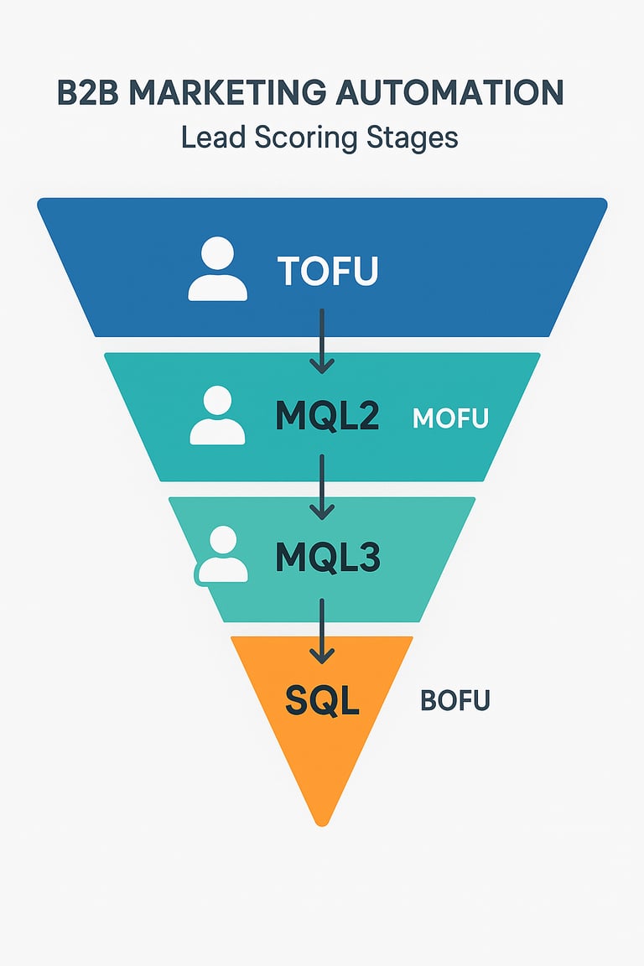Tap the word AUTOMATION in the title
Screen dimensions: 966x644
click(x=449, y=93)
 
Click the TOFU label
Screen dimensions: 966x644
click(x=328, y=271)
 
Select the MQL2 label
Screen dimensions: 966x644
click(x=328, y=416)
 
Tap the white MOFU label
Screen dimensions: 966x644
click(x=450, y=418)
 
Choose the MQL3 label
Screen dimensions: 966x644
click(x=328, y=558)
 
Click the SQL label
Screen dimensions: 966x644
click(x=322, y=700)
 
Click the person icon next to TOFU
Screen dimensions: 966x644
click(x=217, y=269)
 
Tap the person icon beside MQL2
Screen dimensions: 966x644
click(x=217, y=415)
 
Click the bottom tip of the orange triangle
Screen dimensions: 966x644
click(x=321, y=821)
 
